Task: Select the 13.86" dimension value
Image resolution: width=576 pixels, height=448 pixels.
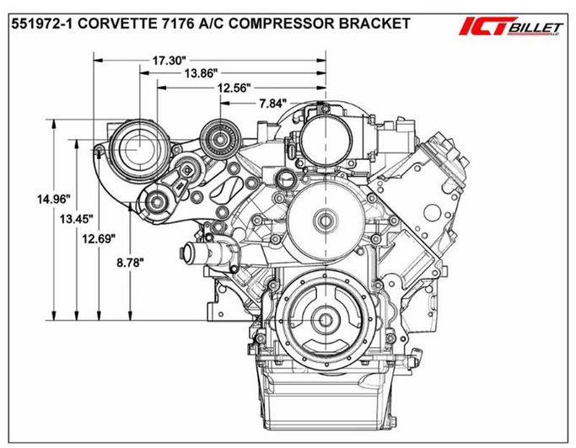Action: coord(202,73)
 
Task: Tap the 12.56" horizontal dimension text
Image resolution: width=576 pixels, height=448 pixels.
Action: coord(234,88)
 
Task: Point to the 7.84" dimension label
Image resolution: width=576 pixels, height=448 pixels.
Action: coord(272,104)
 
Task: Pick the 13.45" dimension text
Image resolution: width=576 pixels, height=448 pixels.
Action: coord(77,220)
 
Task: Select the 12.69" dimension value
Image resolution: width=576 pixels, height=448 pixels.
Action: coord(99,239)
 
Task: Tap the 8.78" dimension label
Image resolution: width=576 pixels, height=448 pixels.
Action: coord(130,263)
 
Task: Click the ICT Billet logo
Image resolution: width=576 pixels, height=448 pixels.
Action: coord(511,26)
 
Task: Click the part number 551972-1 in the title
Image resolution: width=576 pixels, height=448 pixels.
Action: coord(43,24)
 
